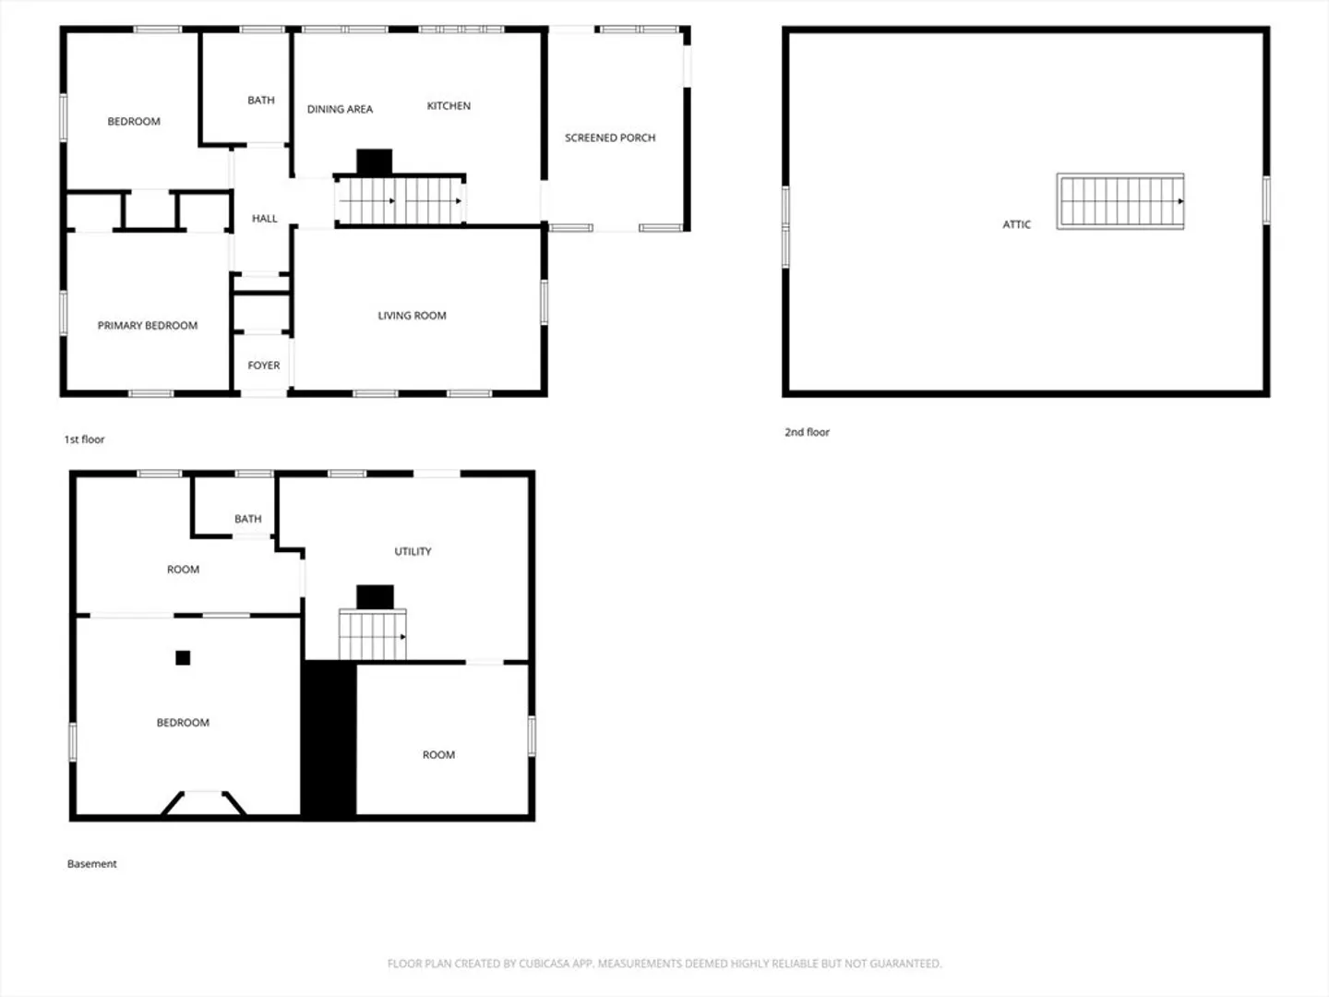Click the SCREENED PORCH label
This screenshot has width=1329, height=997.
click(x=610, y=138)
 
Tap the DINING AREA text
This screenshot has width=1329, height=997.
click(x=340, y=110)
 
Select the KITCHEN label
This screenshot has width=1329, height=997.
click(x=449, y=106)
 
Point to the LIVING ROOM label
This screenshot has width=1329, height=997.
click(x=412, y=316)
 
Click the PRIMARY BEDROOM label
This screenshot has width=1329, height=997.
click(x=147, y=326)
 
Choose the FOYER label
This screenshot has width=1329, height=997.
click(x=263, y=366)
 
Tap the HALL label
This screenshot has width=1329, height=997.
click(x=265, y=219)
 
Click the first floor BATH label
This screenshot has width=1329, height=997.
click(x=261, y=101)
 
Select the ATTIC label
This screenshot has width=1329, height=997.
click(x=1016, y=224)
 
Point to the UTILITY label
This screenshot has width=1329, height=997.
click(x=413, y=551)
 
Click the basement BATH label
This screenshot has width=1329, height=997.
click(x=248, y=519)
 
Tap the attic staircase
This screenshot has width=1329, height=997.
click(x=1120, y=201)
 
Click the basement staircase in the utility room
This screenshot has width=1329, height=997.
click(x=372, y=634)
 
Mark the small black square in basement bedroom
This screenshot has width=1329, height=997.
click(x=183, y=658)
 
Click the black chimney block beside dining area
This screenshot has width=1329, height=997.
click(x=374, y=162)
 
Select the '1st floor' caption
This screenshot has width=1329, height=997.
click(x=84, y=439)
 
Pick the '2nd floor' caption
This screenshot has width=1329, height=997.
click(x=807, y=432)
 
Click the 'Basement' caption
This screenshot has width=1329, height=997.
click(x=92, y=864)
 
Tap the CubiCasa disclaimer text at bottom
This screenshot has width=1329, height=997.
click(x=664, y=963)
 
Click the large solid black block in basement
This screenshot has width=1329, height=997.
click(x=329, y=739)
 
